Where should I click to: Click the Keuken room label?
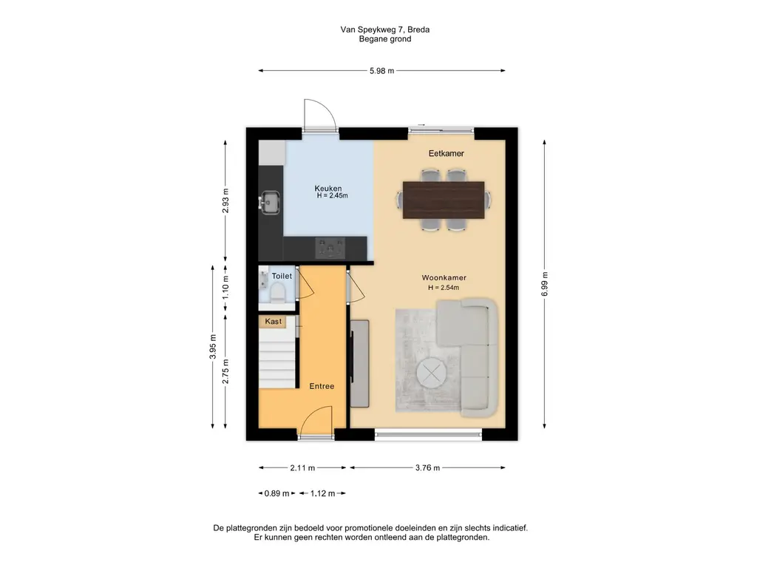[x=327, y=189]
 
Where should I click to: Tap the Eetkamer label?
[x=446, y=154]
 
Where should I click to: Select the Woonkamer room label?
[x=444, y=278]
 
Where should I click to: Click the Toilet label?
[x=282, y=277]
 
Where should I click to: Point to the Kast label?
[x=274, y=321]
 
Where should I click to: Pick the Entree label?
[x=322, y=386]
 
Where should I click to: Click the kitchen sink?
[x=270, y=203]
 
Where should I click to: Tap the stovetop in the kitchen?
[x=330, y=248]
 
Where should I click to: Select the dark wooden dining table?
[x=444, y=200]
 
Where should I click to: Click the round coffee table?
[x=432, y=373]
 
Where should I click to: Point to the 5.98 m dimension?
[x=382, y=71]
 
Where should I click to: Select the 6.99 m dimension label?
[x=545, y=284]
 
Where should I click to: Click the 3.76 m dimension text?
[x=427, y=467]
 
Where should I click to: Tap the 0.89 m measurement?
[x=276, y=493]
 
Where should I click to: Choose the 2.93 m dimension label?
[x=225, y=201]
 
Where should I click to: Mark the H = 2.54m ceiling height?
[x=444, y=288]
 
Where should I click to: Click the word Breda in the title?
[x=418, y=30]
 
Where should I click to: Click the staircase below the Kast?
[x=276, y=358]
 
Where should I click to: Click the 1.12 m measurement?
[x=322, y=493]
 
